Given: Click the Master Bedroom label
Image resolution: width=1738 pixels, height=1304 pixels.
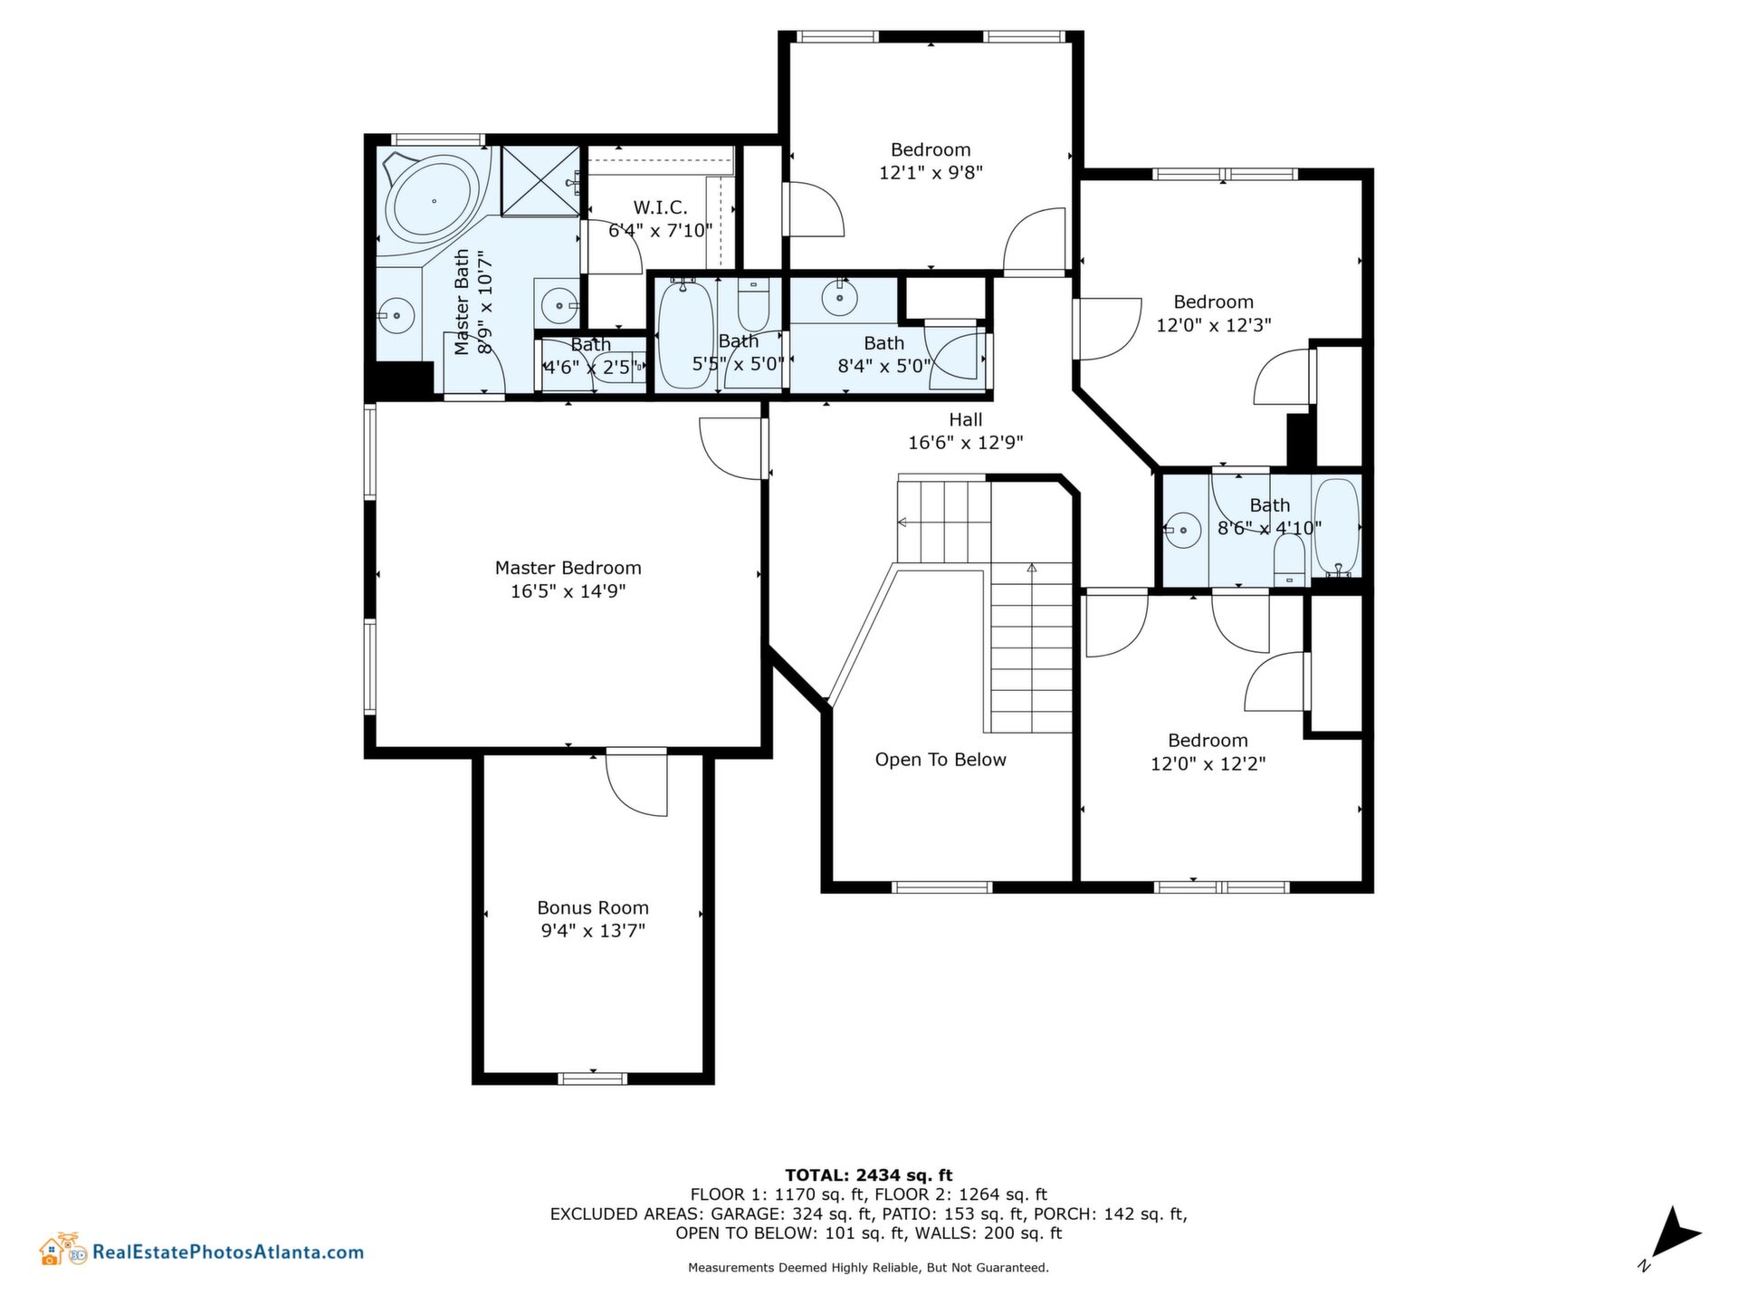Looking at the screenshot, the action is pyautogui.click(x=568, y=569).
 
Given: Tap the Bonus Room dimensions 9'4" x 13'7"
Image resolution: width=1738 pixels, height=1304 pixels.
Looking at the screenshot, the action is pyautogui.click(x=593, y=931).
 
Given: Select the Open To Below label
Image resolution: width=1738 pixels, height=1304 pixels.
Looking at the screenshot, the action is pyautogui.click(x=941, y=760).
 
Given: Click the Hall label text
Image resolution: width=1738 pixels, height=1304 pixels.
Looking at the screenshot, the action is pyautogui.click(x=966, y=420).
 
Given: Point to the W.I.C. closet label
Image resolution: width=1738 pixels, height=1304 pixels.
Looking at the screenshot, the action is pyautogui.click(x=660, y=208).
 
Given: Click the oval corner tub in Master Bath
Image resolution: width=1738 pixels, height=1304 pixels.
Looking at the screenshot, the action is pyautogui.click(x=434, y=201).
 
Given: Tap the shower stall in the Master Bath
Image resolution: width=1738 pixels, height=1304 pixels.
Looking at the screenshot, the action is pyautogui.click(x=540, y=181).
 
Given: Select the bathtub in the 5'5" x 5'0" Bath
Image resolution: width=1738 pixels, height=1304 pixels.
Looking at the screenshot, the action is pyautogui.click(x=684, y=335).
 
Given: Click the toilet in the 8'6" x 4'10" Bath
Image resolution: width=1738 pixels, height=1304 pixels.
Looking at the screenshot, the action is pyautogui.click(x=1289, y=559).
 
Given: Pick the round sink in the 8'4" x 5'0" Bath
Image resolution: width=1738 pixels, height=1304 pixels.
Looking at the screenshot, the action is pyautogui.click(x=840, y=296).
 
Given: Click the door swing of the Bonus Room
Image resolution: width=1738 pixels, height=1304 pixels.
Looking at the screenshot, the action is pyautogui.click(x=636, y=784).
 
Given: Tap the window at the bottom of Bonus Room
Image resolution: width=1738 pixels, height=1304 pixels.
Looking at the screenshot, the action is pyautogui.click(x=592, y=1078).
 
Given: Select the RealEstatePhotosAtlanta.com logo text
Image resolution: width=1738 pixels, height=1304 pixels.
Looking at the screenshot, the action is pyautogui.click(x=228, y=1253).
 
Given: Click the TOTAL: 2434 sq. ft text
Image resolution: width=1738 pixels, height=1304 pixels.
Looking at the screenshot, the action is pyautogui.click(x=868, y=1175).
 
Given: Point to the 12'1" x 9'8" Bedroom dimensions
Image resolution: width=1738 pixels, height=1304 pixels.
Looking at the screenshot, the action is pyautogui.click(x=931, y=173).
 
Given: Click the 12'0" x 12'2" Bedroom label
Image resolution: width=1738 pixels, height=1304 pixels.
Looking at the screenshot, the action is pyautogui.click(x=1208, y=753).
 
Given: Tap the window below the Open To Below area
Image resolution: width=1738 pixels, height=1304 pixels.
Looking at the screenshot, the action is pyautogui.click(x=942, y=887).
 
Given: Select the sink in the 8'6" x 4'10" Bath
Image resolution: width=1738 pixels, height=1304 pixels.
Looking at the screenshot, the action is pyautogui.click(x=1182, y=528).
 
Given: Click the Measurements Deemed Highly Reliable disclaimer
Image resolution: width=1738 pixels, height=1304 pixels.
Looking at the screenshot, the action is pyautogui.click(x=868, y=1268).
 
